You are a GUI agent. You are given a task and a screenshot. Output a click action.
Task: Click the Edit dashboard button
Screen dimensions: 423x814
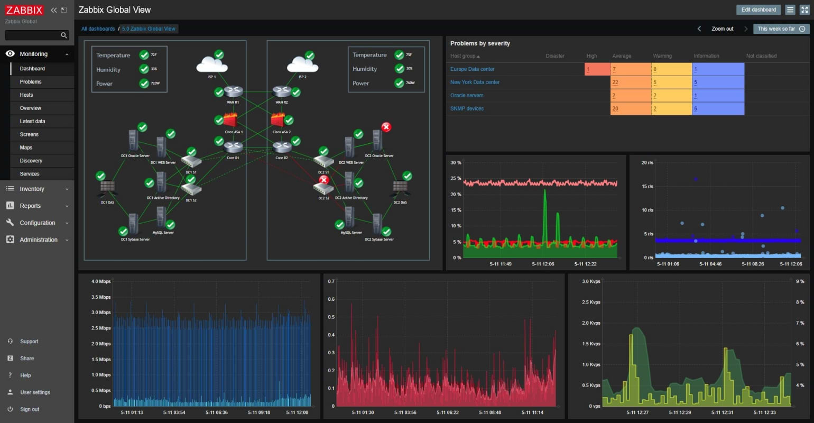pyautogui.click(x=758, y=10)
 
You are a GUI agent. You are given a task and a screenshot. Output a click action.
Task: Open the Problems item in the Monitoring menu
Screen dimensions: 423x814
pyautogui.click(x=31, y=82)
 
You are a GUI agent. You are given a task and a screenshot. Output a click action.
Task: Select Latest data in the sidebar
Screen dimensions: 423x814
pyautogui.click(x=32, y=121)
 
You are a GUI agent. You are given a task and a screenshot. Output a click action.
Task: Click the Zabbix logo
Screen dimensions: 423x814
pyautogui.click(x=24, y=10)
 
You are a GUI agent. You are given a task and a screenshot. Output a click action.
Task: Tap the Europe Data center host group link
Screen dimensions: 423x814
pyautogui.click(x=472, y=69)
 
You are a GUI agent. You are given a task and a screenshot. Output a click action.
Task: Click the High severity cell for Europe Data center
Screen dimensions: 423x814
pyautogui.click(x=597, y=69)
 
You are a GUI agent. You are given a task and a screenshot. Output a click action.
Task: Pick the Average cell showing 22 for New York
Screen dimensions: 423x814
pyautogui.click(x=630, y=82)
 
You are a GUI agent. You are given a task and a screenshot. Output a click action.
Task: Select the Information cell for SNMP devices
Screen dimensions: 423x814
pyautogui.click(x=717, y=108)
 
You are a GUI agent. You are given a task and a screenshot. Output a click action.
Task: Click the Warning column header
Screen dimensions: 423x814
pyautogui.click(x=662, y=56)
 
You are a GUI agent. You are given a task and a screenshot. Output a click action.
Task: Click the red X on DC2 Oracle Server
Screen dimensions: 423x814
pyautogui.click(x=386, y=127)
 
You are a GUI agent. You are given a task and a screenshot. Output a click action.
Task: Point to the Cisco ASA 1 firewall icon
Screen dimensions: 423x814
pyautogui.click(x=230, y=121)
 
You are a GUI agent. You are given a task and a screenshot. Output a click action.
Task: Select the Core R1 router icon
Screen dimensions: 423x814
pyautogui.click(x=233, y=148)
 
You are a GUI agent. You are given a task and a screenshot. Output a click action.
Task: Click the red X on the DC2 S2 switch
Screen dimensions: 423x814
pyautogui.click(x=324, y=180)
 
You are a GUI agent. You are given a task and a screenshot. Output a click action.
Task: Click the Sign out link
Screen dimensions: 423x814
pyautogui.click(x=30, y=409)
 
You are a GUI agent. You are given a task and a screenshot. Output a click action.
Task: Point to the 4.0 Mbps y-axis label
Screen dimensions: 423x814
pyautogui.click(x=101, y=281)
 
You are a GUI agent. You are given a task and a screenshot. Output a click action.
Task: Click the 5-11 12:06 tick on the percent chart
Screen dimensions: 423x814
pyautogui.click(x=543, y=264)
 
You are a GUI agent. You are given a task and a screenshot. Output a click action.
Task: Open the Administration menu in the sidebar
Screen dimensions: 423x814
pyautogui.click(x=38, y=240)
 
